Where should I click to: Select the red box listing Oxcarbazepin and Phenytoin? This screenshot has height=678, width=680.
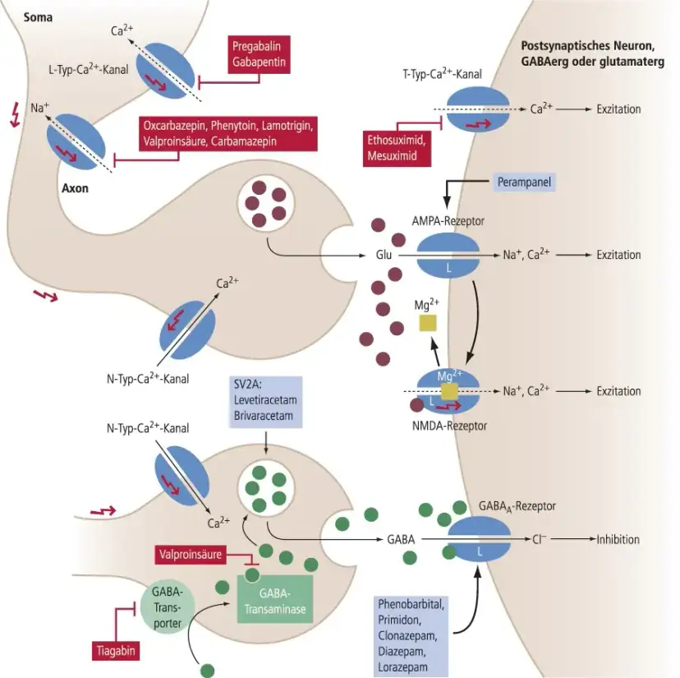point(227,134)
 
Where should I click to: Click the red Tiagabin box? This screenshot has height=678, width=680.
point(113,651)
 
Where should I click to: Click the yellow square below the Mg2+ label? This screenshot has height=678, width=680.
point(429,324)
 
